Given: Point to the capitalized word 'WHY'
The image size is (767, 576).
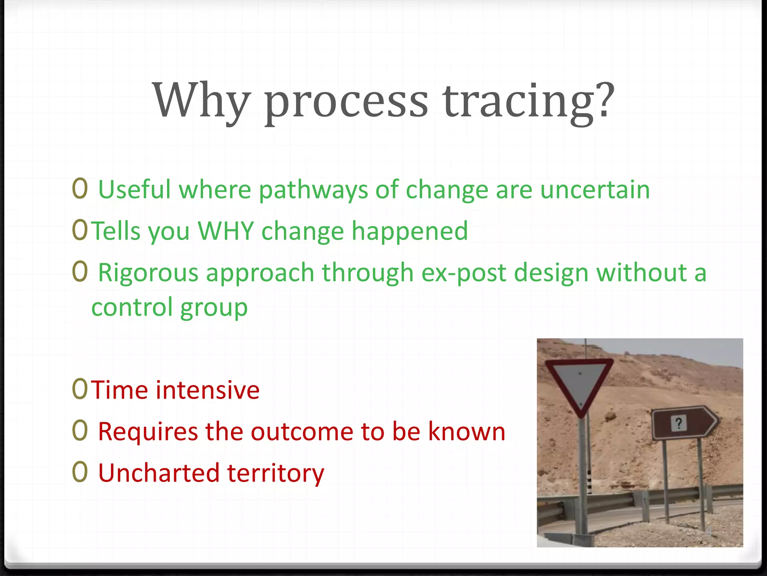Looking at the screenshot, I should (x=226, y=231).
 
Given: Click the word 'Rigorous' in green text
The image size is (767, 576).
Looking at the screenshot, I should (x=148, y=273).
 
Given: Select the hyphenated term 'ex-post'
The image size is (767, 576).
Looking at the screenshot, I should (x=464, y=273).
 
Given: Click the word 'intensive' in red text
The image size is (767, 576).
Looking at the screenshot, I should (x=207, y=390).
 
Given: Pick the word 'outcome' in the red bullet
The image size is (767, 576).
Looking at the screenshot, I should (x=302, y=432).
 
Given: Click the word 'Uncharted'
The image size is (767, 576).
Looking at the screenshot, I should (x=158, y=473).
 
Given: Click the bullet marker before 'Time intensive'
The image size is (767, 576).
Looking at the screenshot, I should (x=80, y=390).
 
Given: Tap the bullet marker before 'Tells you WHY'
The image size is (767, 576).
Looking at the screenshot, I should (x=80, y=230).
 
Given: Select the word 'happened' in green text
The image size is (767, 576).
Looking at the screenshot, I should (x=410, y=231).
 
